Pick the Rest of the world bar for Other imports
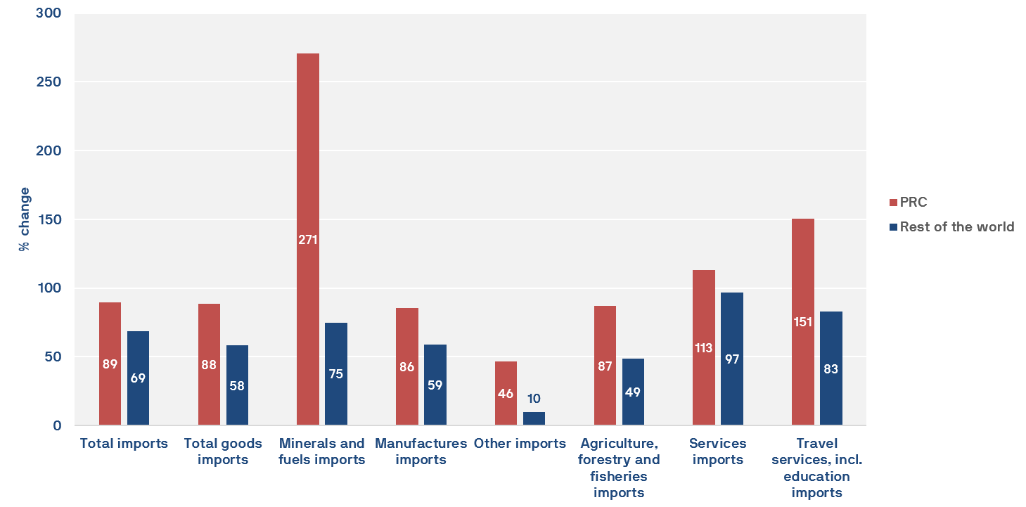coord(534,418)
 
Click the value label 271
coord(308,239)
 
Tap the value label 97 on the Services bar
coord(732,359)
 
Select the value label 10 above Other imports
coord(534,399)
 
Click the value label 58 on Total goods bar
coord(237,385)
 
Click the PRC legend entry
coord(913,203)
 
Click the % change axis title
coord(25,219)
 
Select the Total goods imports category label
coord(223,451)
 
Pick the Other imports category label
coord(520,444)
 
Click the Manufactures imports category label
coord(421,451)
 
